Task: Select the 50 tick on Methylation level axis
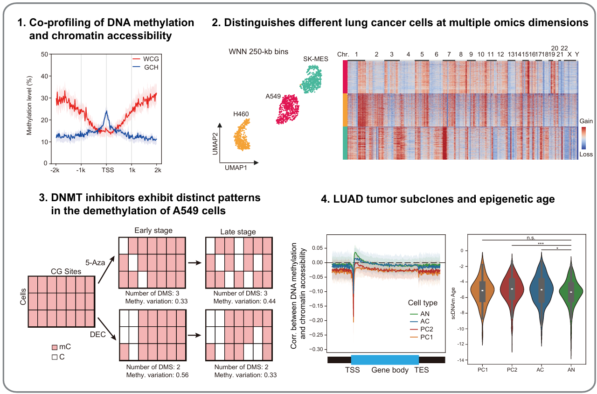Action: tap(44, 55)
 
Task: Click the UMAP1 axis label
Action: tap(236, 167)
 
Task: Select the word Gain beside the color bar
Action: tap(586, 121)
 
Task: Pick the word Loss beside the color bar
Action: tap(586, 154)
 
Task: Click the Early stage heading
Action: tap(153, 231)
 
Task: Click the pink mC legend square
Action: tap(54, 347)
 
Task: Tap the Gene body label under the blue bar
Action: tap(390, 370)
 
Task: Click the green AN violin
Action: tap(571, 292)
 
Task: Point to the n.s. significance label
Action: tap(527, 237)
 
